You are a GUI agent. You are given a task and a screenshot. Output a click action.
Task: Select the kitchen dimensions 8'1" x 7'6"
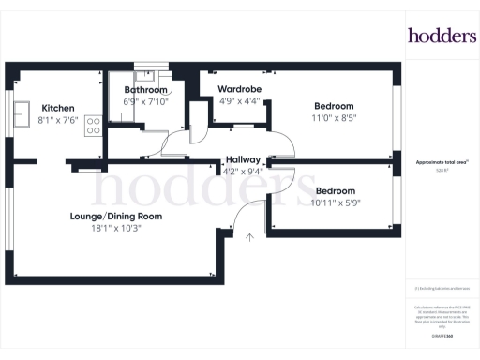pyautogui.click(x=57, y=120)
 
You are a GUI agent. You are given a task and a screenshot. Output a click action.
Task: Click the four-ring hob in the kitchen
pyautogui.click(x=94, y=125)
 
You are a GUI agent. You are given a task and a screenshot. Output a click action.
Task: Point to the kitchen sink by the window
pyautogui.click(x=19, y=115)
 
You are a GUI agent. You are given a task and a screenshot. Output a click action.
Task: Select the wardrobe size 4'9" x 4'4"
pyautogui.click(x=235, y=102)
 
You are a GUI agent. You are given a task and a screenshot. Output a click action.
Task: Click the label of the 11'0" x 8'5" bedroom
pyautogui.click(x=334, y=107)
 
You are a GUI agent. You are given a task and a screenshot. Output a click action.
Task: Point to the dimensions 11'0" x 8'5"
pyautogui.click(x=334, y=118)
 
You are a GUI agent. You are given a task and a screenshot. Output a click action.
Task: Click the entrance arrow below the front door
pyautogui.click(x=250, y=238)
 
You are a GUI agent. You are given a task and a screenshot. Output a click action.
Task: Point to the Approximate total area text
pyautogui.click(x=442, y=162)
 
